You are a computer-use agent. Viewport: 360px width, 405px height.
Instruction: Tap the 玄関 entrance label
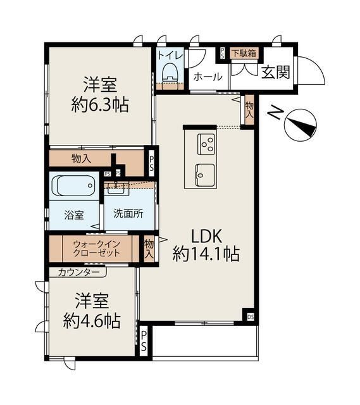[275, 73]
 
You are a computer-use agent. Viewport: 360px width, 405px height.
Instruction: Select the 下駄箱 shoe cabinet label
[243, 53]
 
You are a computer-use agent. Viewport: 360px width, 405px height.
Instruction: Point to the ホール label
[207, 77]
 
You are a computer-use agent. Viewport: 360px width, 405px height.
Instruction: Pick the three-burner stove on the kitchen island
[207, 144]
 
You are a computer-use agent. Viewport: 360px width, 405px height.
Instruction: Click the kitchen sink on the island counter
[205, 172]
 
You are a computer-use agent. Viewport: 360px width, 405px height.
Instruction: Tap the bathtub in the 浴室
[72, 186]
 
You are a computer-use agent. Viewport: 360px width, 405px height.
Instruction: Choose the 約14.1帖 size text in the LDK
[206, 254]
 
